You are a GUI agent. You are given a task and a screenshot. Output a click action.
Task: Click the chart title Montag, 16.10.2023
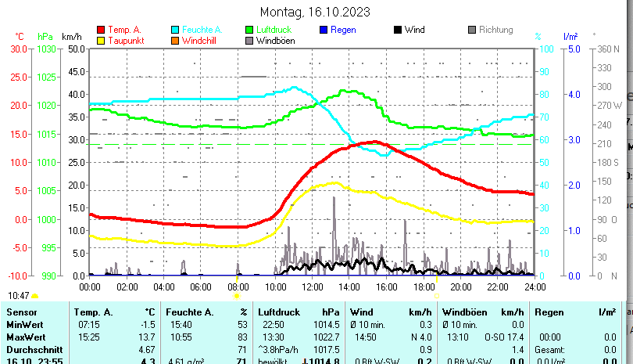click(315, 12)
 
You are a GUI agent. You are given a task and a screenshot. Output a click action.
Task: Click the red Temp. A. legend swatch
click(101, 30)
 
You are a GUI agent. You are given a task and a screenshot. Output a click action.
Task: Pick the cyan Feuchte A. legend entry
click(196, 30)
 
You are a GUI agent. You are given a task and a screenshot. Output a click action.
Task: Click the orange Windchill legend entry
click(199, 40)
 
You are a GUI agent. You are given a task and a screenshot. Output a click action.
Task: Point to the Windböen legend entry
click(274, 40)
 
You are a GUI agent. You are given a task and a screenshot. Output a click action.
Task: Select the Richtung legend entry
click(495, 30)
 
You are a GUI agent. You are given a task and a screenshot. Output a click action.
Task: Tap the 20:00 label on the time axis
click(460, 287)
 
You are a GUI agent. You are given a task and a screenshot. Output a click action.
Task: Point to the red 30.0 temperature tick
click(19, 49)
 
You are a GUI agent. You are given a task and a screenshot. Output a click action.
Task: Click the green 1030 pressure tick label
click(46, 49)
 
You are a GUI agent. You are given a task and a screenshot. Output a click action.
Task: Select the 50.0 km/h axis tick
click(76, 49)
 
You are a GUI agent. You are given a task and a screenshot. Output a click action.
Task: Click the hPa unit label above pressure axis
click(45, 36)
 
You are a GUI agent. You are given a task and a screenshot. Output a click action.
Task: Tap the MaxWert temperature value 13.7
click(145, 337)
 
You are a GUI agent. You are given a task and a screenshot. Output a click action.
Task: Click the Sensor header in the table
click(21, 312)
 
